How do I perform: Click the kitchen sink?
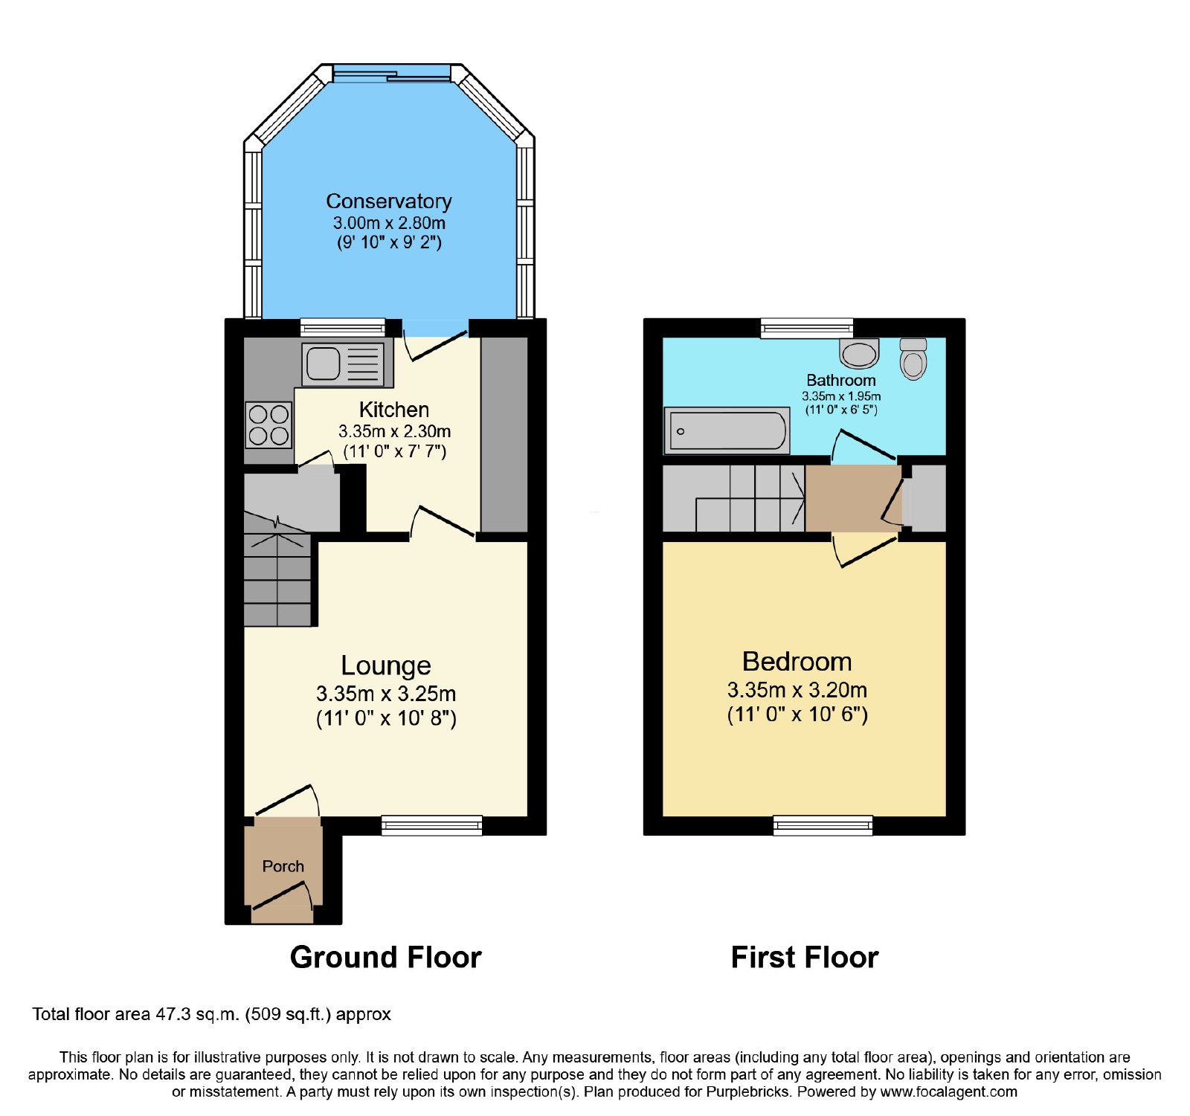click(x=344, y=364)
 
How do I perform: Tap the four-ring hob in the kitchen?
click(x=268, y=425)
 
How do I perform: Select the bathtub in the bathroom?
click(x=727, y=430)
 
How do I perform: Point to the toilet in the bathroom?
click(x=913, y=358)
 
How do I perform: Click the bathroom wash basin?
click(x=859, y=353)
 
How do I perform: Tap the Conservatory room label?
click(x=389, y=201)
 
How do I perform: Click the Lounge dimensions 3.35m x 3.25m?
click(x=386, y=694)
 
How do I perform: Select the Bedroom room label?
click(x=797, y=661)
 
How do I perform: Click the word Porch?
click(x=283, y=866)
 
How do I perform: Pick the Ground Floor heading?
click(x=386, y=957)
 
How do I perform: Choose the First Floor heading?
click(x=805, y=957)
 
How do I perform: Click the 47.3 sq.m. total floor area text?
click(x=198, y=1014)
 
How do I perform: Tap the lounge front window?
click(x=431, y=825)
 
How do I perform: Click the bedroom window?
click(x=823, y=825)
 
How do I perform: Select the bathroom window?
click(x=807, y=328)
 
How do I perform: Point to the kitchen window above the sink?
click(x=343, y=328)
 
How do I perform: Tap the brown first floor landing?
click(x=853, y=498)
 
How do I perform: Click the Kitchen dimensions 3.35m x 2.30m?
click(x=394, y=431)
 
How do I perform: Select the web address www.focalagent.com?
click(x=948, y=1091)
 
